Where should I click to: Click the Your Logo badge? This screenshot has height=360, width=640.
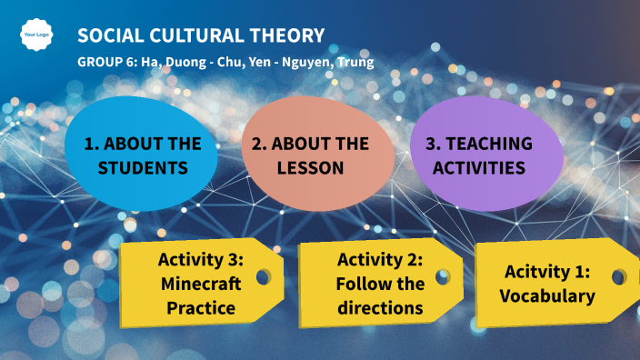coord(35,35)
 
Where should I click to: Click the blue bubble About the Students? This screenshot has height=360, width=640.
coord(142,155)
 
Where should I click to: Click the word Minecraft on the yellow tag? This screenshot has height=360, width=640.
coord(200,283)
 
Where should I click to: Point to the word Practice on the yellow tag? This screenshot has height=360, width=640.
coord(200,307)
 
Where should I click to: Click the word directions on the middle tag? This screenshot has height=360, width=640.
coord(380,307)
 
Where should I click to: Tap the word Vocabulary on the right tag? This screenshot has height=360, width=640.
coord(546,295)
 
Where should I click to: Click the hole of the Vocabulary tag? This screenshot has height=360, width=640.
coord(619,275)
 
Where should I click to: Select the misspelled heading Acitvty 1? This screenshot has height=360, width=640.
coord(546,271)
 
